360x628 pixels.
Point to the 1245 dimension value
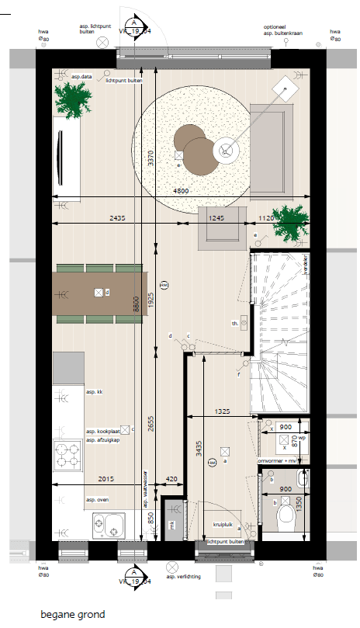click(216, 219)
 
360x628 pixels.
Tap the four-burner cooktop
click(68, 456)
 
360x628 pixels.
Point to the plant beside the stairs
click(291, 222)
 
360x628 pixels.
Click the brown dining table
click(99, 293)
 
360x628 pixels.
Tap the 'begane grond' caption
click(74, 614)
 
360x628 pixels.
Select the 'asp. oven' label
click(98, 499)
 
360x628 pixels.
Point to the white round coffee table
click(227, 151)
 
